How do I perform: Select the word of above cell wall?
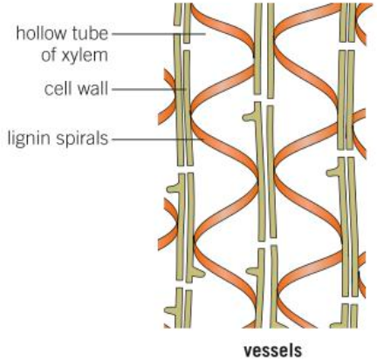click(x=49, y=55)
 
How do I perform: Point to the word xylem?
click(x=85, y=56)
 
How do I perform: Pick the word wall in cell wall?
click(x=91, y=88)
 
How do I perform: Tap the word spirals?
click(x=82, y=139)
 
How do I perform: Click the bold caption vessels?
click(x=273, y=350)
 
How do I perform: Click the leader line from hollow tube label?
click(x=159, y=34)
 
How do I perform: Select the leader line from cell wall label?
click(x=149, y=89)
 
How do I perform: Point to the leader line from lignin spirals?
click(x=158, y=139)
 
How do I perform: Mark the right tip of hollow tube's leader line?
click(x=206, y=34)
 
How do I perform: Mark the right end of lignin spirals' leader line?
click(x=203, y=139)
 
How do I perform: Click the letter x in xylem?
click(x=66, y=56)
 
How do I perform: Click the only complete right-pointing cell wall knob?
click(x=199, y=274)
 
